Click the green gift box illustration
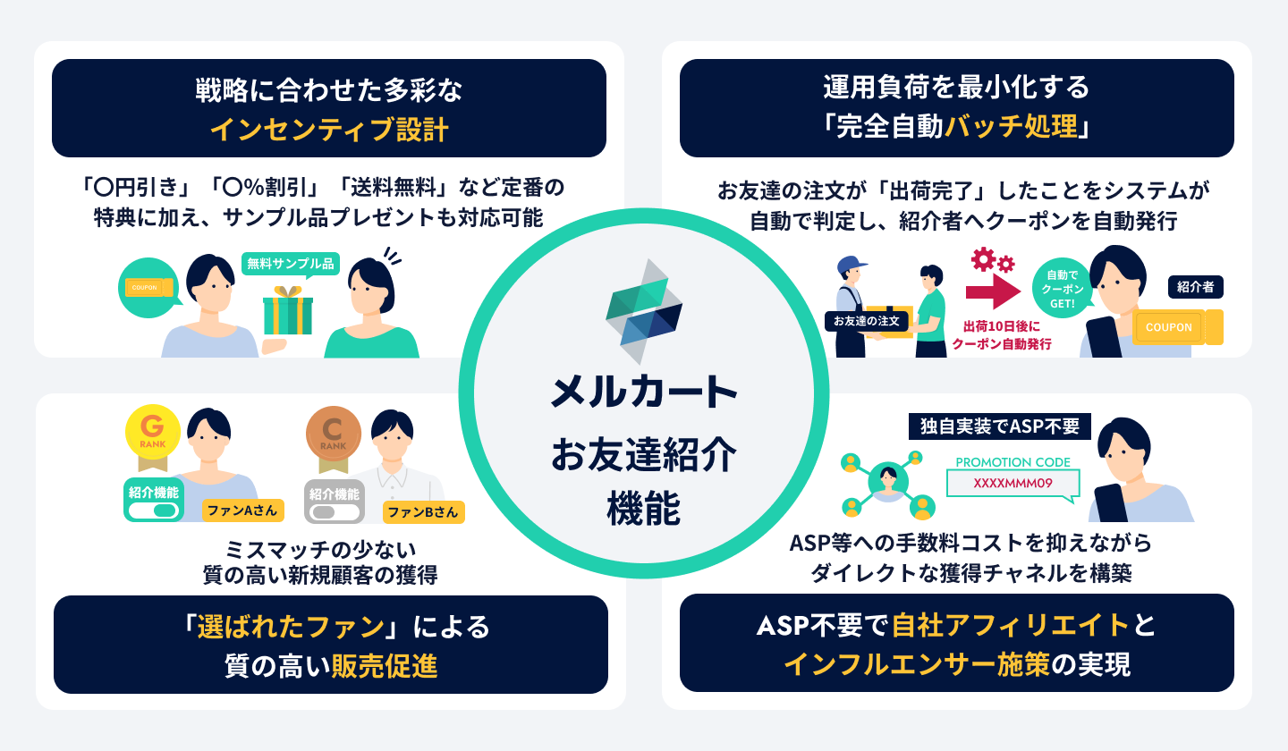click(288, 312)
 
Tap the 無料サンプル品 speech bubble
click(290, 263)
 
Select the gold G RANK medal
click(153, 434)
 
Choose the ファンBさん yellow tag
click(423, 511)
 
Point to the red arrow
click(993, 291)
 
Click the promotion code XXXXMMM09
click(1013, 483)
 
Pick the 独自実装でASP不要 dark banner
click(999, 426)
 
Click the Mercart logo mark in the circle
click(644, 304)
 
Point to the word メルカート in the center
click(644, 392)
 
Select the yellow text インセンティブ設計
click(329, 130)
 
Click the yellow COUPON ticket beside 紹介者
click(1175, 327)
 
